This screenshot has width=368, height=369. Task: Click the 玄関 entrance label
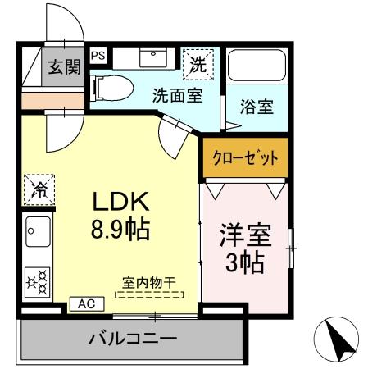pos(63,67)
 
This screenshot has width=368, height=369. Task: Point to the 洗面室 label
pos(175,95)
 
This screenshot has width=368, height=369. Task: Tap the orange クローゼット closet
pos(245,158)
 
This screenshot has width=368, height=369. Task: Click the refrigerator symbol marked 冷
pos(38,189)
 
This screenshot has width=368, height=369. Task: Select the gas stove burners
pos(38,280)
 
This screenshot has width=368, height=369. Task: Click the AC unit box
pos(87,303)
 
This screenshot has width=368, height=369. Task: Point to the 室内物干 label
pos(148,283)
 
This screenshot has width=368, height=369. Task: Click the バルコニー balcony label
pos(132,338)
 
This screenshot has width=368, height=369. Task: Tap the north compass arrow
pos(338,335)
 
